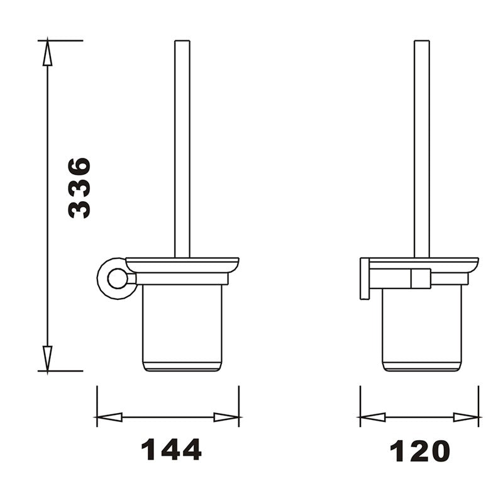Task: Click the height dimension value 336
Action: coord(80,187)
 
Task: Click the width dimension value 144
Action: coord(170,450)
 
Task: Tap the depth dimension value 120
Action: coord(419,450)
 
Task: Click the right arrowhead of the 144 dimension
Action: coord(226,417)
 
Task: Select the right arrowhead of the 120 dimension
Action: coord(466,417)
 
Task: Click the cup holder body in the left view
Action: coord(182,327)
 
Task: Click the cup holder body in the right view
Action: coord(422,327)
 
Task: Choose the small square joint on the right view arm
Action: coord(421,278)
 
